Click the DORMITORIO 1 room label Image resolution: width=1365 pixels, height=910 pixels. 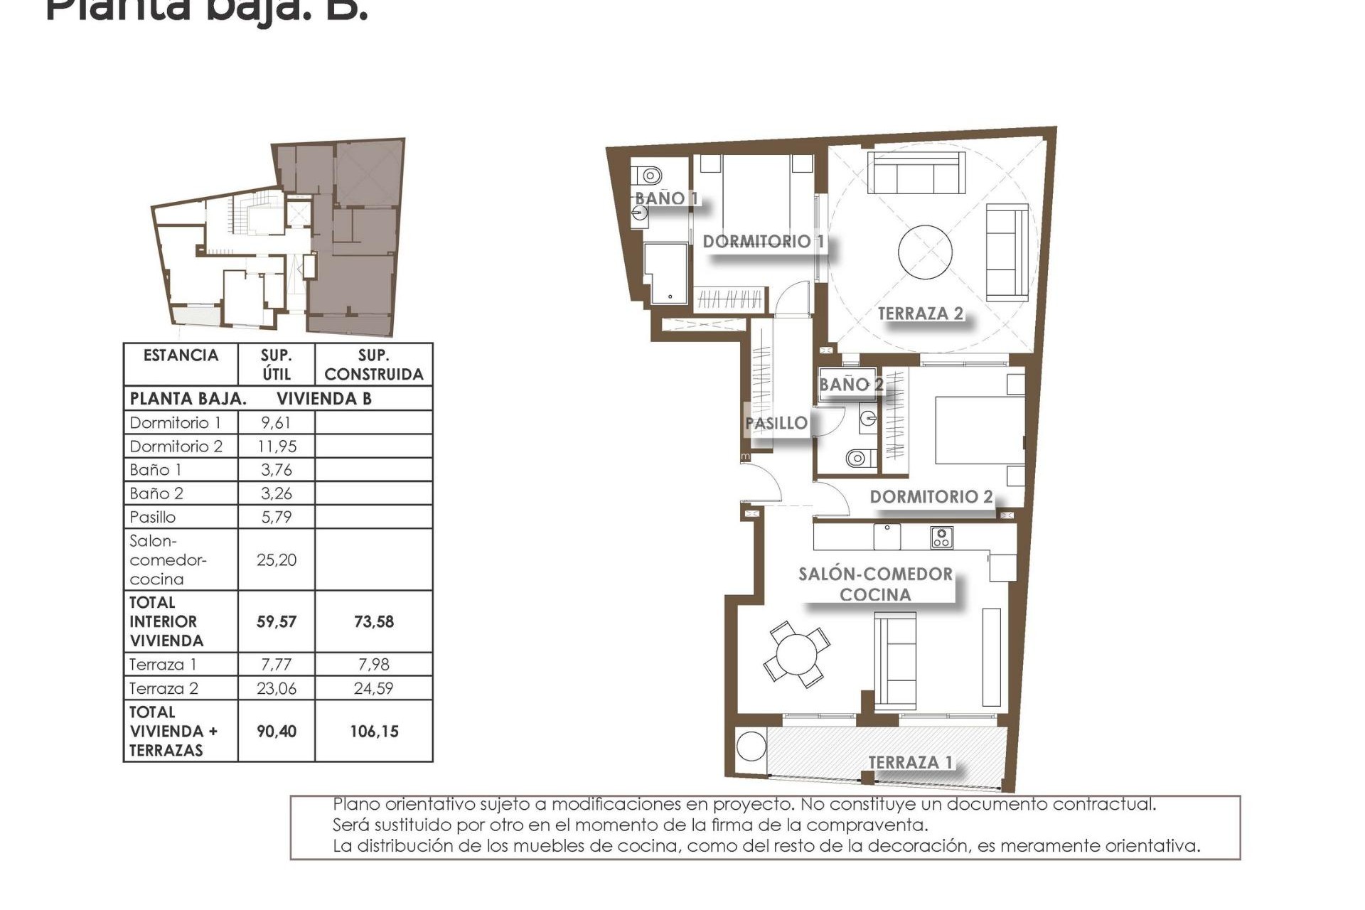(x=763, y=242)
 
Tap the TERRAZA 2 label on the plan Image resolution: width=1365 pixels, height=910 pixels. (x=920, y=314)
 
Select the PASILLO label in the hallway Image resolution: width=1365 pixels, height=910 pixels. (x=776, y=423)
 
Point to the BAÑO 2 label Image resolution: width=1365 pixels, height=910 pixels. (x=850, y=385)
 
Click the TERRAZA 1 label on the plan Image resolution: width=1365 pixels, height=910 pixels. (x=910, y=762)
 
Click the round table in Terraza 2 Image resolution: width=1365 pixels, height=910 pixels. (x=925, y=252)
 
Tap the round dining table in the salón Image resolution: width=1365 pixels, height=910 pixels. (x=796, y=655)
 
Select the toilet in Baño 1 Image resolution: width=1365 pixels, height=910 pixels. (x=649, y=174)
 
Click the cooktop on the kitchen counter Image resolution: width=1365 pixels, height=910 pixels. (x=941, y=537)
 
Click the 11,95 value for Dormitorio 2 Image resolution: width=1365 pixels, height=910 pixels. (x=277, y=446)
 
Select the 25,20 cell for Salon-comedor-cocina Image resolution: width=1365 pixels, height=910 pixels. (x=277, y=560)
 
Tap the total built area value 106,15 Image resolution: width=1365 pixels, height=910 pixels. (x=374, y=732)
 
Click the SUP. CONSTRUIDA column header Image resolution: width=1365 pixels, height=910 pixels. (x=374, y=365)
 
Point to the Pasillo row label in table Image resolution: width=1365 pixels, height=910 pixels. (x=153, y=518)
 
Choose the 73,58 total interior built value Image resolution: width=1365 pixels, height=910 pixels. (x=374, y=622)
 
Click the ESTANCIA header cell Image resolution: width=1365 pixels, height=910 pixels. (x=181, y=355)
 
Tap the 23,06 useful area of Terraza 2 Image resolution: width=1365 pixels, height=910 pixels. (x=277, y=688)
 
